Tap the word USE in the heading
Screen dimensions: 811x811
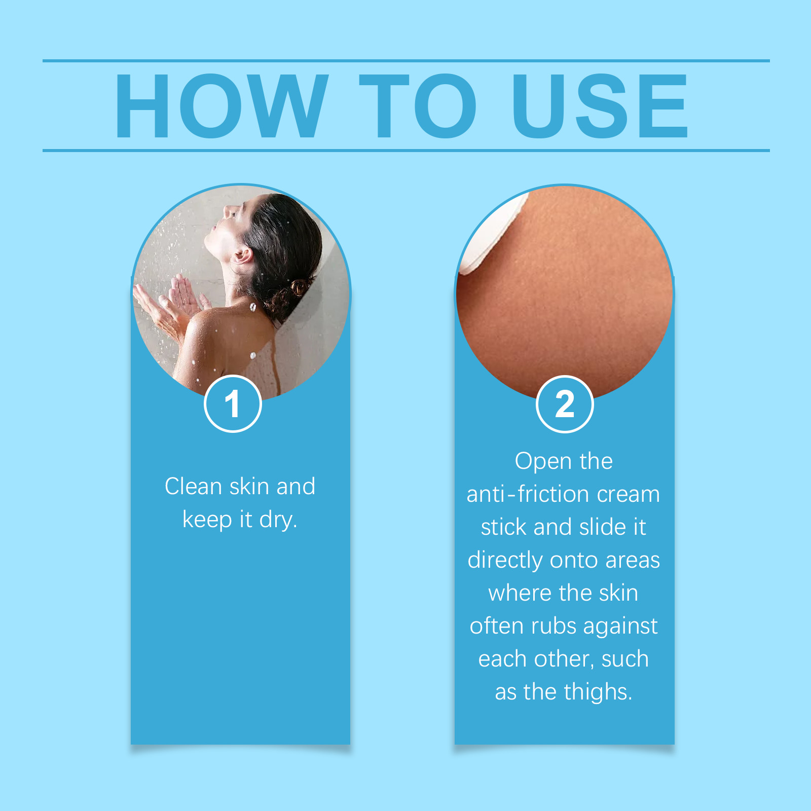pyautogui.click(x=600, y=105)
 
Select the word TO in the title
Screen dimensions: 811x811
pyautogui.click(x=418, y=105)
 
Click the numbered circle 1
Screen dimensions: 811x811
pyautogui.click(x=233, y=404)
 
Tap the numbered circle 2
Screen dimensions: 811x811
pyautogui.click(x=565, y=404)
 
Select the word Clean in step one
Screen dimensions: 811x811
pyautogui.click(x=193, y=487)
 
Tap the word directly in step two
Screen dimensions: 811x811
pyautogui.click(x=505, y=561)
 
